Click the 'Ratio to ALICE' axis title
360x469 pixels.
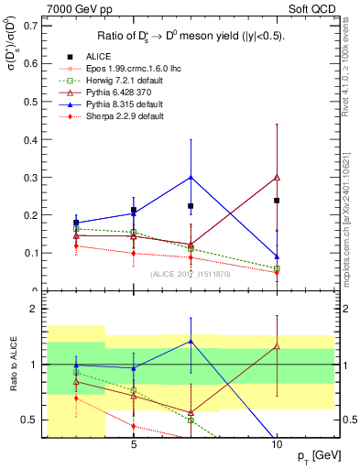11,366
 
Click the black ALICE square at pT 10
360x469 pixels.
277,200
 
